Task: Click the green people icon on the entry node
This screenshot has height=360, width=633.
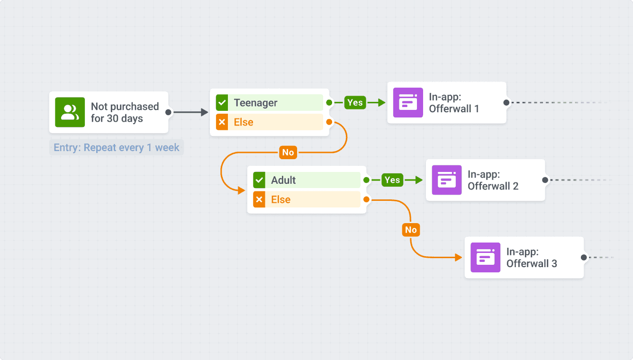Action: pos(70,112)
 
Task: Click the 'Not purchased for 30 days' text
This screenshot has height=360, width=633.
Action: pos(125,112)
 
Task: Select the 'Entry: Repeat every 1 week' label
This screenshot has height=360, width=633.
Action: pos(117,148)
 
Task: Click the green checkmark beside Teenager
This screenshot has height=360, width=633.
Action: pos(222,103)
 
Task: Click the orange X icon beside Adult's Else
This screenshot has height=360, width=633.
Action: pos(259,199)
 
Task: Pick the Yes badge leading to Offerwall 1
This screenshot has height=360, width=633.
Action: pos(355,102)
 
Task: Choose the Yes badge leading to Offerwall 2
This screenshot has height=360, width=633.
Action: pos(392,180)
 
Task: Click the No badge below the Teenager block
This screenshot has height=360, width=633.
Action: pos(288,153)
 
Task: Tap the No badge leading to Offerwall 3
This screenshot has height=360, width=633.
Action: pos(411,230)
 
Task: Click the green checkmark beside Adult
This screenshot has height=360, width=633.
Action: pos(259,180)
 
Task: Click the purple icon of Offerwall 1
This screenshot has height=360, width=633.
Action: pos(408,103)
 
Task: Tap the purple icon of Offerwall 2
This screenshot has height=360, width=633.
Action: pos(447,180)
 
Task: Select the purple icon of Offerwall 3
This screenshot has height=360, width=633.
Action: pos(485,257)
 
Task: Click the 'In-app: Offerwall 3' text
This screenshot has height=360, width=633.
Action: pos(532,258)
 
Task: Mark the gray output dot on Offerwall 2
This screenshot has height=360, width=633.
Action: pos(545,180)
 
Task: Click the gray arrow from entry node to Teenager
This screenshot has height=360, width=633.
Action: pos(190,112)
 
